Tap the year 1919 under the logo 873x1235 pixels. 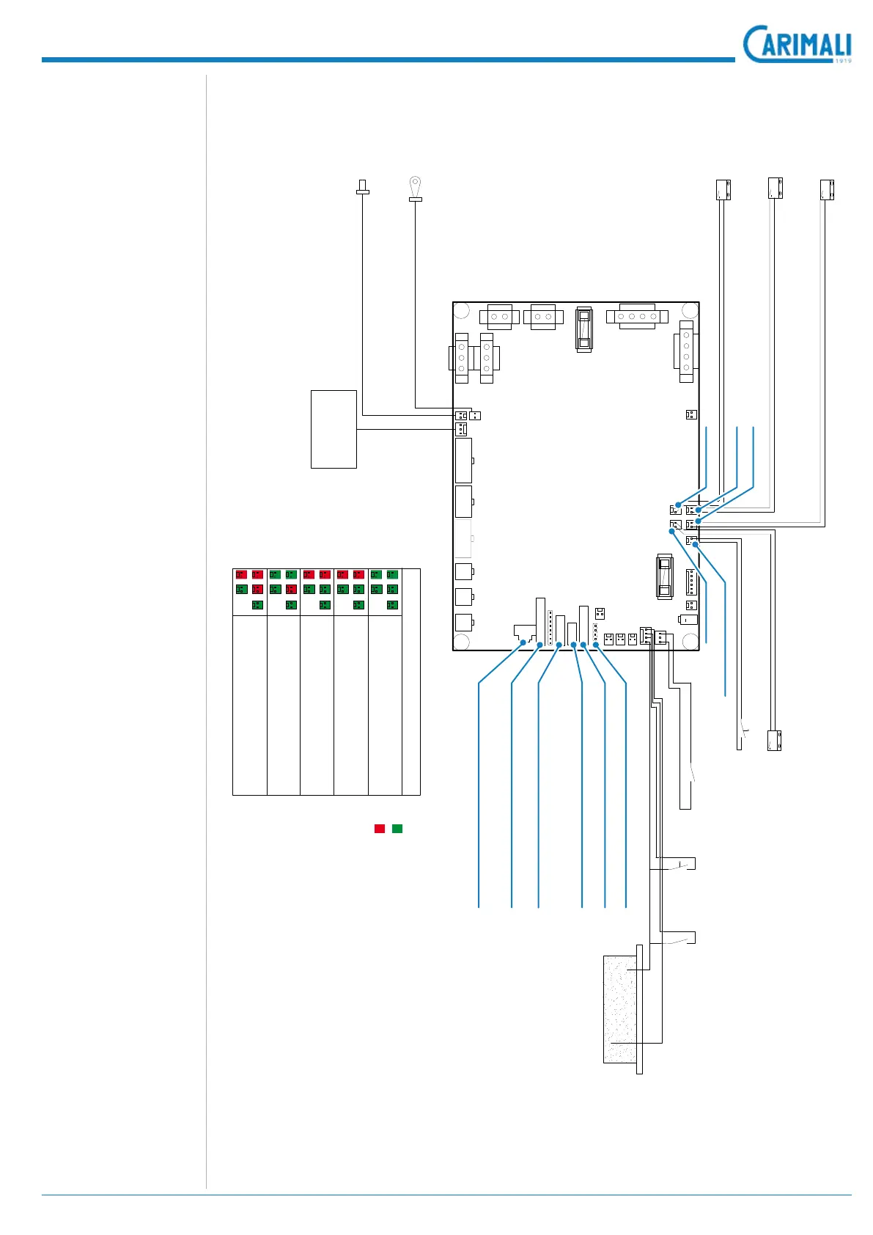pyautogui.click(x=842, y=61)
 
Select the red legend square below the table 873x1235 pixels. pyautogui.click(x=380, y=829)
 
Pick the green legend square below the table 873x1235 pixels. pyautogui.click(x=397, y=829)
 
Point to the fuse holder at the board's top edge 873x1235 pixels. pyautogui.click(x=583, y=329)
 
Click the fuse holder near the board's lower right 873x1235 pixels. pyautogui.click(x=664, y=577)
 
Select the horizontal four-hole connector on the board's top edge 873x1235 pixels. pyautogui.click(x=637, y=317)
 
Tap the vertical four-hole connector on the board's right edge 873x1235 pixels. pyautogui.click(x=686, y=351)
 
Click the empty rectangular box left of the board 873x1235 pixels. pyautogui.click(x=334, y=429)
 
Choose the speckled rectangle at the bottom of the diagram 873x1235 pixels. pyautogui.click(x=620, y=1008)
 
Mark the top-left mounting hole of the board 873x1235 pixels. pyautogui.click(x=462, y=310)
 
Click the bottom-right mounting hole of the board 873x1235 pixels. pyautogui.click(x=690, y=642)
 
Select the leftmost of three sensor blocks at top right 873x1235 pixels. pyautogui.click(x=723, y=189)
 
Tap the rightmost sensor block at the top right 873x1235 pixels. pyautogui.click(x=828, y=190)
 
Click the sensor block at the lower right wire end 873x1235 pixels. pyautogui.click(x=774, y=741)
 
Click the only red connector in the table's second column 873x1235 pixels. pyautogui.click(x=291, y=589)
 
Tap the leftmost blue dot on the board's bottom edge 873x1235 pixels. pyautogui.click(x=522, y=643)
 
